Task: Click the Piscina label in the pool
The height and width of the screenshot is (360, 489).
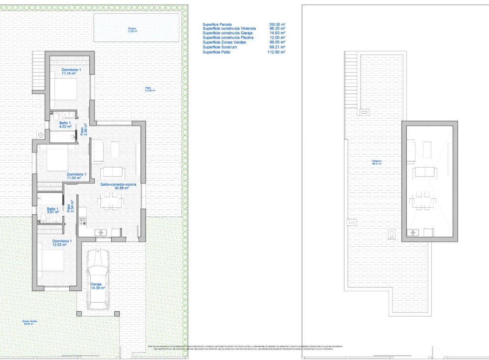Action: [x=132, y=30]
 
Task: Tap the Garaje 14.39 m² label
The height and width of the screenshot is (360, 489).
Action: [x=98, y=286]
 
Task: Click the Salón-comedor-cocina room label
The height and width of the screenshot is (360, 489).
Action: [x=118, y=186]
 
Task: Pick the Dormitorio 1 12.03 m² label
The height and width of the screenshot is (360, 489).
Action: [x=62, y=243]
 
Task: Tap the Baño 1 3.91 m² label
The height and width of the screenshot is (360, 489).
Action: [x=53, y=210]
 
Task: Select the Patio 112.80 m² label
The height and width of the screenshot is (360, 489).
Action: [x=151, y=89]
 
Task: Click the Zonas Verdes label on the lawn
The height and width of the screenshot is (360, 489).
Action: [x=30, y=323]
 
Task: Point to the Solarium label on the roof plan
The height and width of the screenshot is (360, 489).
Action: [x=377, y=162]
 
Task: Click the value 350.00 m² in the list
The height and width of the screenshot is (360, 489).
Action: [x=277, y=24]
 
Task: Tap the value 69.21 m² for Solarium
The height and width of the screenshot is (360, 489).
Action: [x=277, y=47]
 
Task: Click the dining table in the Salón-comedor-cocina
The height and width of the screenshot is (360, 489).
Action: [x=110, y=201]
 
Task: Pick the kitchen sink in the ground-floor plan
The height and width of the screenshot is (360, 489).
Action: [x=101, y=233]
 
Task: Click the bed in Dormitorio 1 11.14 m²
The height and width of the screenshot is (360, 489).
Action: [x=63, y=91]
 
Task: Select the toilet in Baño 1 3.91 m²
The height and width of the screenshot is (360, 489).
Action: [x=43, y=219]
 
